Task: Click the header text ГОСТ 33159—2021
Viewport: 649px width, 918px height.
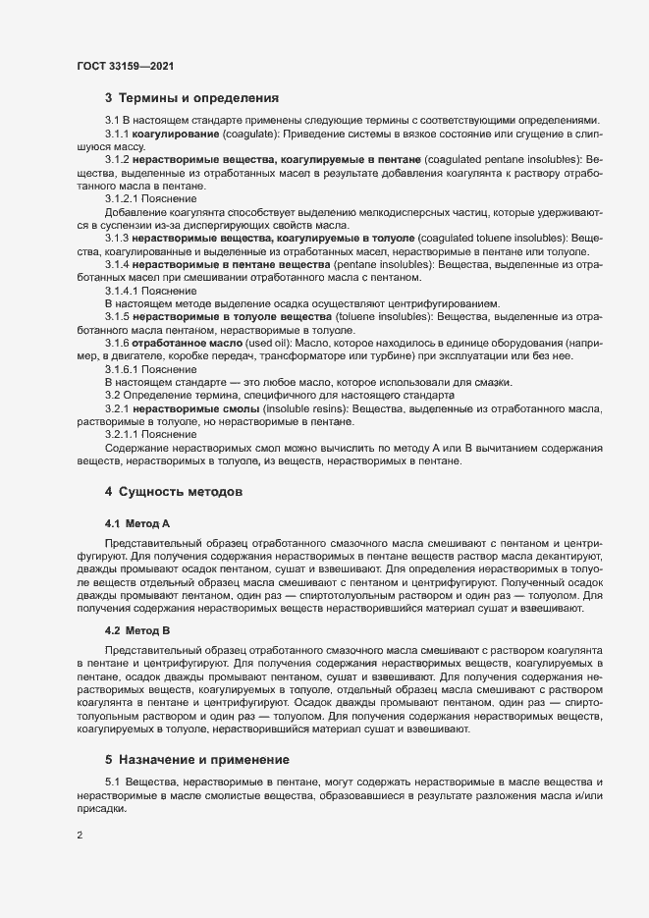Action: (126, 66)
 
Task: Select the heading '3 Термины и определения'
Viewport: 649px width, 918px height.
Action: (192, 98)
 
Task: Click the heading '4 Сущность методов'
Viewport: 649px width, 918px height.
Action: (173, 489)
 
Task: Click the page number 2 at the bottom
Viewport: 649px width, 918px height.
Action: (80, 837)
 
